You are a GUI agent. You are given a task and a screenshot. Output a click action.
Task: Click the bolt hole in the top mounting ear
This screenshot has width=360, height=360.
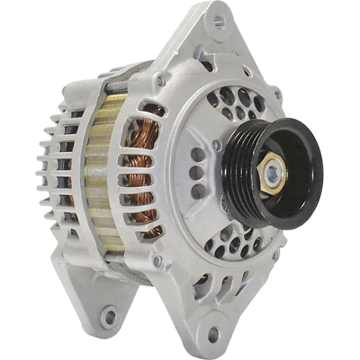click(219, 21)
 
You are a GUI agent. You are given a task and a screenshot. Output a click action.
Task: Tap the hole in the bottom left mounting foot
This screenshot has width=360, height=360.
click(110, 316)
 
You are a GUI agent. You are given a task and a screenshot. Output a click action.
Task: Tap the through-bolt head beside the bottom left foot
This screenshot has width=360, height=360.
click(155, 261)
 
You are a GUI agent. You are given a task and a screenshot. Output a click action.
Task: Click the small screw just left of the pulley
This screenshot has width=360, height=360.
click(217, 144)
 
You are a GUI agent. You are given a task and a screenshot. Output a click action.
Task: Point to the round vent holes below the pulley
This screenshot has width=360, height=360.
click(239, 243)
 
